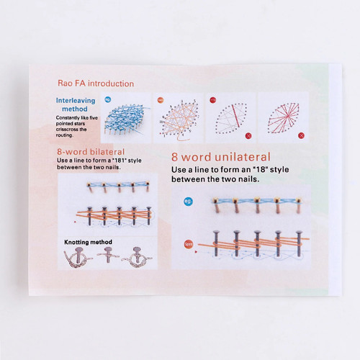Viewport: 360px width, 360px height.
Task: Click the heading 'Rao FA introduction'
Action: click(95, 84)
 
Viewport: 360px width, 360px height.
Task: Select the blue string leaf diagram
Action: click(126, 117)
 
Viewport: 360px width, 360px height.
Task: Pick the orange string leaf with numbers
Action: click(177, 118)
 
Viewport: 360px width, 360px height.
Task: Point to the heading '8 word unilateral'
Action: click(220, 157)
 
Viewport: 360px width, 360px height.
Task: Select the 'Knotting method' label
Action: click(89, 243)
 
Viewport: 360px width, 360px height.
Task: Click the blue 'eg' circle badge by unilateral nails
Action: click(188, 202)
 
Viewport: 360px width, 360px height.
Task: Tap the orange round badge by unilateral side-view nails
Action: click(187, 244)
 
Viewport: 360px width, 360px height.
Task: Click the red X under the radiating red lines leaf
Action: click(301, 135)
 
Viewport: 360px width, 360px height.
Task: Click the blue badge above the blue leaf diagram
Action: click(108, 99)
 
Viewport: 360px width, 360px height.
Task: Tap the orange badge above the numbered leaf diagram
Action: click(161, 99)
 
